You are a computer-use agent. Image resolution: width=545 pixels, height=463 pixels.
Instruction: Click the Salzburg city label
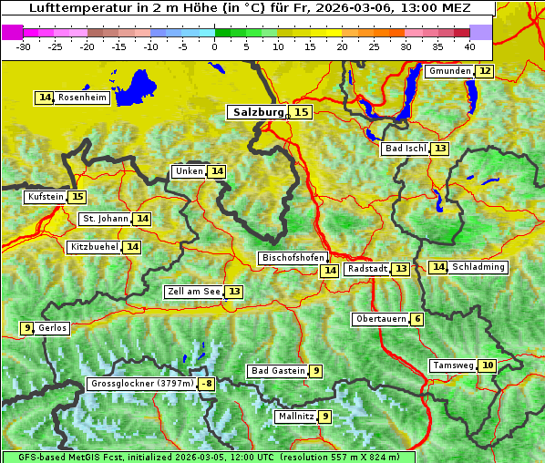(258, 112)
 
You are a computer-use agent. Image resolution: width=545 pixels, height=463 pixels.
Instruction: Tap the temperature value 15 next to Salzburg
(301, 112)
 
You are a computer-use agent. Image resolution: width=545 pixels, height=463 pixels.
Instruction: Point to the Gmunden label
(449, 71)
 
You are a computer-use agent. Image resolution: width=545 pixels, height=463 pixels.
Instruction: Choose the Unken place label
(189, 171)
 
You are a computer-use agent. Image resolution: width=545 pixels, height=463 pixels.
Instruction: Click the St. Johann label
(105, 219)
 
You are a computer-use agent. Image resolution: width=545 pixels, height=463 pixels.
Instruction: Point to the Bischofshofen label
(293, 258)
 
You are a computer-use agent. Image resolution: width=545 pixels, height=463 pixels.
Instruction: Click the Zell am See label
(193, 292)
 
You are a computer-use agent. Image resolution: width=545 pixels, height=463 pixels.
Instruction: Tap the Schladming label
(478, 267)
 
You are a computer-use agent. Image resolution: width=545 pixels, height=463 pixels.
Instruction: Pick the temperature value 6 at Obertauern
(416, 319)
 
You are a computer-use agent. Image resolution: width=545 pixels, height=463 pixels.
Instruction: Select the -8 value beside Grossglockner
(207, 385)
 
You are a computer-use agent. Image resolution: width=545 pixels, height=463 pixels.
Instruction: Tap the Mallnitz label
(295, 417)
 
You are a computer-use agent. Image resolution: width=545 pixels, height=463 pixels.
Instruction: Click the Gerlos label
(52, 328)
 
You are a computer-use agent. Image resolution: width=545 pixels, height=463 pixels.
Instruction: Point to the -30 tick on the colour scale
(24, 46)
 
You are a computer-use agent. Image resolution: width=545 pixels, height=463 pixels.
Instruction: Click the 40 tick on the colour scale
(469, 46)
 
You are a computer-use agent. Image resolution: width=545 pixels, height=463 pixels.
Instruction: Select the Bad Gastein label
(278, 371)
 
